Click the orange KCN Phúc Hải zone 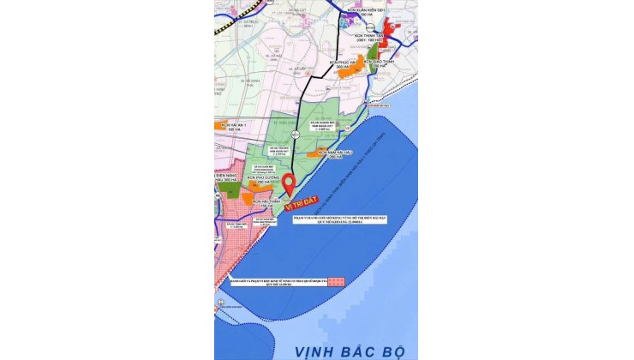(344, 74)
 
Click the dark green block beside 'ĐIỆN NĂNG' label (232, 189)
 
